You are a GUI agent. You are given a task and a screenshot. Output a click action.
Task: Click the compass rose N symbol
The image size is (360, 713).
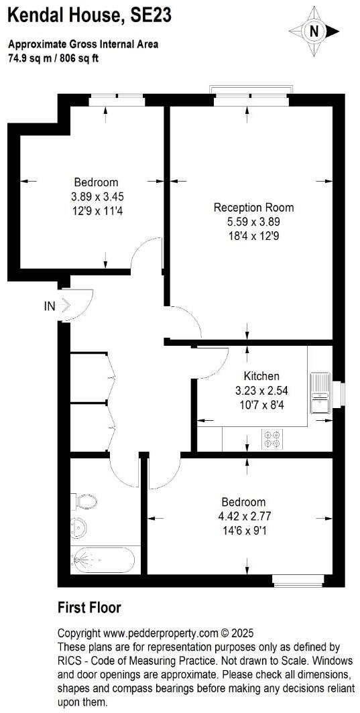(x=313, y=31)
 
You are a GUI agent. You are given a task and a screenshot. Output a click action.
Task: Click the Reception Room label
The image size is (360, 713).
(x=253, y=208)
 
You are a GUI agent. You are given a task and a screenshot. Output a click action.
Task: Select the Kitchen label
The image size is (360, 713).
(x=261, y=376)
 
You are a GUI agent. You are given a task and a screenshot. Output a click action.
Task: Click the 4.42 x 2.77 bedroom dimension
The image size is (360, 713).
(x=243, y=516)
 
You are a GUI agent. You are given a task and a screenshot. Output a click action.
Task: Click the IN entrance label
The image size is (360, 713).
(x=50, y=306)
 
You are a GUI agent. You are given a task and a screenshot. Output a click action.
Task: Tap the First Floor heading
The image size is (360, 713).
(x=89, y=608)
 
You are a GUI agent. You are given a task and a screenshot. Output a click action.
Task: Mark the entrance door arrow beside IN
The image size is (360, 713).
(x=66, y=306)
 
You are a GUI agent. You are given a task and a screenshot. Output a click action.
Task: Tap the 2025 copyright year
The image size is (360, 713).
(x=235, y=633)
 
